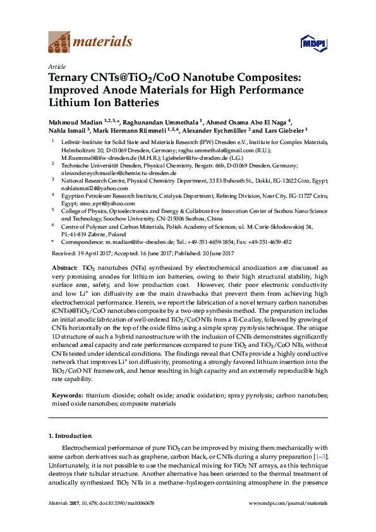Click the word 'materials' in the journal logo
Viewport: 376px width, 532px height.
(x=102, y=42)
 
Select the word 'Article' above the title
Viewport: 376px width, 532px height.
(x=57, y=66)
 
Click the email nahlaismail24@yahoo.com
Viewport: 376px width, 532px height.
(x=85, y=188)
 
